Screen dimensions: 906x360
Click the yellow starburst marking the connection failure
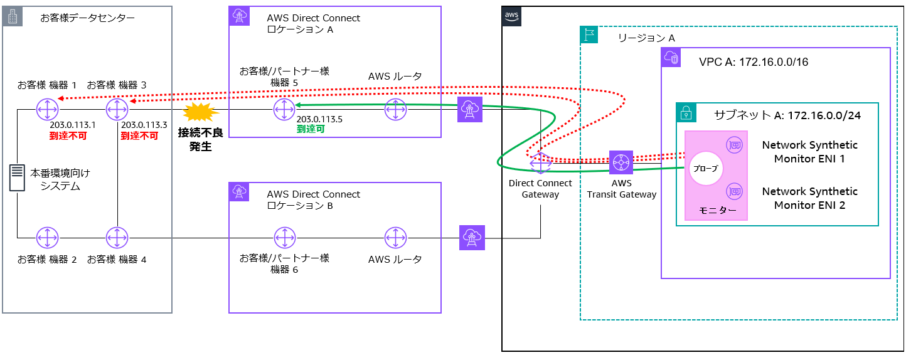[x=201, y=112]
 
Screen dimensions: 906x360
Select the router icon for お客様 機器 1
[x=47, y=109]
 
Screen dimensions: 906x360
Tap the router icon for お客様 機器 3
[x=117, y=109]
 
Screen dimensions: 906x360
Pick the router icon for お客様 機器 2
[x=47, y=238]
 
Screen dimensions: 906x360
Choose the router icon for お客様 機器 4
[x=117, y=238]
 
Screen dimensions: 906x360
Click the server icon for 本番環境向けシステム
[x=17, y=177]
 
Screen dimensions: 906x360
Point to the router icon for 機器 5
[x=284, y=109]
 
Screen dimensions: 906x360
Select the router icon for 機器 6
[x=285, y=238]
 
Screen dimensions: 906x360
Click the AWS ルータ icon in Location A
[x=395, y=109]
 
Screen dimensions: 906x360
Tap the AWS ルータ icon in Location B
[x=395, y=238]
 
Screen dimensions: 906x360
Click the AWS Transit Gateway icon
[x=621, y=162]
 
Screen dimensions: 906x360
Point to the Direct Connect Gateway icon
[x=540, y=163]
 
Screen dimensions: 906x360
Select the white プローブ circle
[x=706, y=168]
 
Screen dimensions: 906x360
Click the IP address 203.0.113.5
[x=319, y=119]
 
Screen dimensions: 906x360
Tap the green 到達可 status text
[x=311, y=129]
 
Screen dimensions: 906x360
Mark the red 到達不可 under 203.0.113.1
[x=68, y=136]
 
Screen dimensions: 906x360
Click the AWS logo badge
[x=511, y=16]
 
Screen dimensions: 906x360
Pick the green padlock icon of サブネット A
[x=686, y=113]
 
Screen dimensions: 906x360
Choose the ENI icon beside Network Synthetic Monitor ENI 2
[x=735, y=191]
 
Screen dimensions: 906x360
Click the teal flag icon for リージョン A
[x=590, y=34]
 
